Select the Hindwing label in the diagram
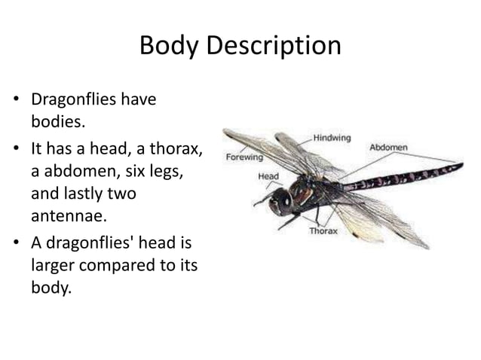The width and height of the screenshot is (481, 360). tap(330, 139)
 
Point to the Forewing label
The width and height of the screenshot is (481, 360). tap(244, 158)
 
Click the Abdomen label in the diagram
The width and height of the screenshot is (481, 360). tap(388, 148)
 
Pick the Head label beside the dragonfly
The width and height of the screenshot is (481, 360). tap(268, 177)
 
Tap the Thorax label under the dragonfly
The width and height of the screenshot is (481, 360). tap(323, 231)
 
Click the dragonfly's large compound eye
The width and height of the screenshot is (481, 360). tap(281, 201)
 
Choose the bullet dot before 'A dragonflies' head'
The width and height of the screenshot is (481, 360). tap(14, 246)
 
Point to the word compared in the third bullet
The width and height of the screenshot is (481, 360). tap(115, 267)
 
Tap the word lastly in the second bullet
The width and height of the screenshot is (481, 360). tap(86, 193)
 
